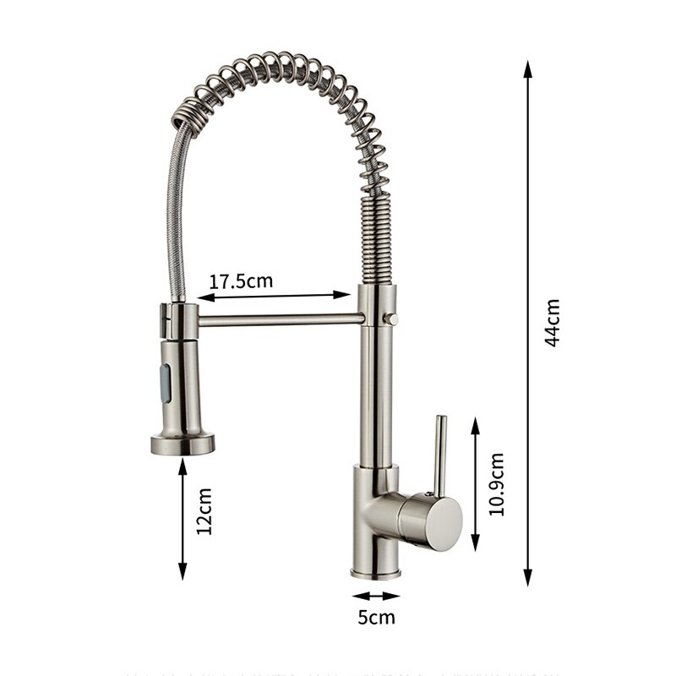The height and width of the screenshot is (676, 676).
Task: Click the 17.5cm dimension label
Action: pos(241,281)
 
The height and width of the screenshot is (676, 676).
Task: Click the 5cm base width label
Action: pos(376,617)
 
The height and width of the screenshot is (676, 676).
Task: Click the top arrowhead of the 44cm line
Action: pos(528,68)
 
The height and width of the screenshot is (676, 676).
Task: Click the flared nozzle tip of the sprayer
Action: pos(183,443)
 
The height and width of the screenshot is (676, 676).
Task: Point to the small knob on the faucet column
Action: pos(390,319)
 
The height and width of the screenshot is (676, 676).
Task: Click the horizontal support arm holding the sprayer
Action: pos(279,319)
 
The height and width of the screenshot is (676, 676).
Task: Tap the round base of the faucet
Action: pos(375,573)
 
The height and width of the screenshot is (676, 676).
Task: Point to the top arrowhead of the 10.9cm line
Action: pos(476,423)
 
